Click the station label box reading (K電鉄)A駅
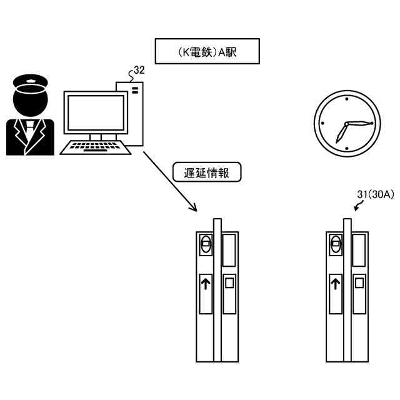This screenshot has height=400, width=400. [206, 52]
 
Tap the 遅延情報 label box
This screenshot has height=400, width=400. [206, 172]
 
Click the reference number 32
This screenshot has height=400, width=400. [139, 71]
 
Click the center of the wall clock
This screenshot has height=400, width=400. [346, 123]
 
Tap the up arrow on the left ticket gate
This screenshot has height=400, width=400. [206, 285]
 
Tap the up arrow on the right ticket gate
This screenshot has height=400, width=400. [336, 285]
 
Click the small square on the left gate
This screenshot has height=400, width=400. [229, 282]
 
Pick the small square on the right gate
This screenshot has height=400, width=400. [359, 282]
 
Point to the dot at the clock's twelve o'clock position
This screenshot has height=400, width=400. [346, 99]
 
